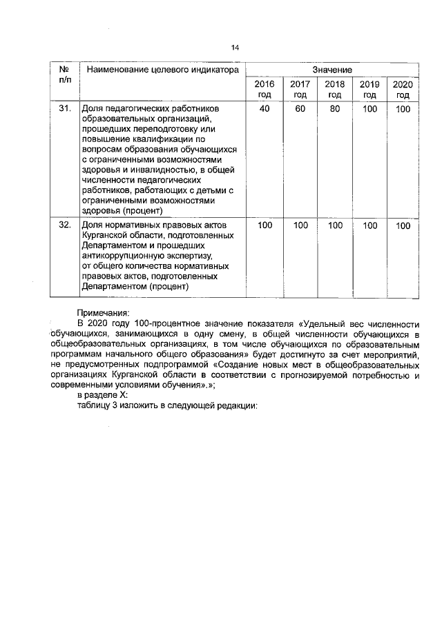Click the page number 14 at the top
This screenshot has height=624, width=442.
click(235, 48)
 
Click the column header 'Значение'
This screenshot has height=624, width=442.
click(332, 70)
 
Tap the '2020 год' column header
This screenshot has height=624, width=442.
click(403, 90)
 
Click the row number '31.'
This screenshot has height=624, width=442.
click(64, 109)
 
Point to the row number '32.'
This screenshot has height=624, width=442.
click(64, 225)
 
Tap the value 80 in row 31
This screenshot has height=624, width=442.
click(335, 109)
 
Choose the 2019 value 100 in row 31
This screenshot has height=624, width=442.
click(370, 109)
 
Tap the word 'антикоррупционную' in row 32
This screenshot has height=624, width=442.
click(122, 255)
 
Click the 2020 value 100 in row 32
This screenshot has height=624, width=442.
click(403, 225)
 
